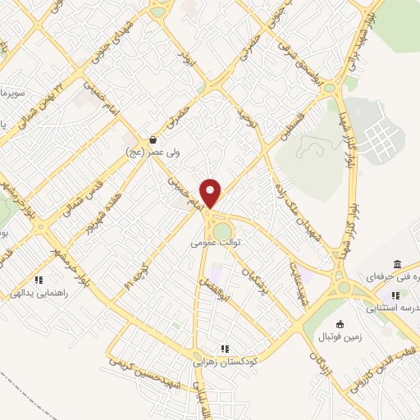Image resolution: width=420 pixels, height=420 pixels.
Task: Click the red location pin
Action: [x=211, y=193]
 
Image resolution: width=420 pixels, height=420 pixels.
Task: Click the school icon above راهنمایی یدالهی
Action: [x=39, y=280]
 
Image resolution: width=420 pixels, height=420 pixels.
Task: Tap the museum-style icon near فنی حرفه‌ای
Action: [x=397, y=265]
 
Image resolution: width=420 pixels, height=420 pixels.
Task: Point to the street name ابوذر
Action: [x=186, y=58]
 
